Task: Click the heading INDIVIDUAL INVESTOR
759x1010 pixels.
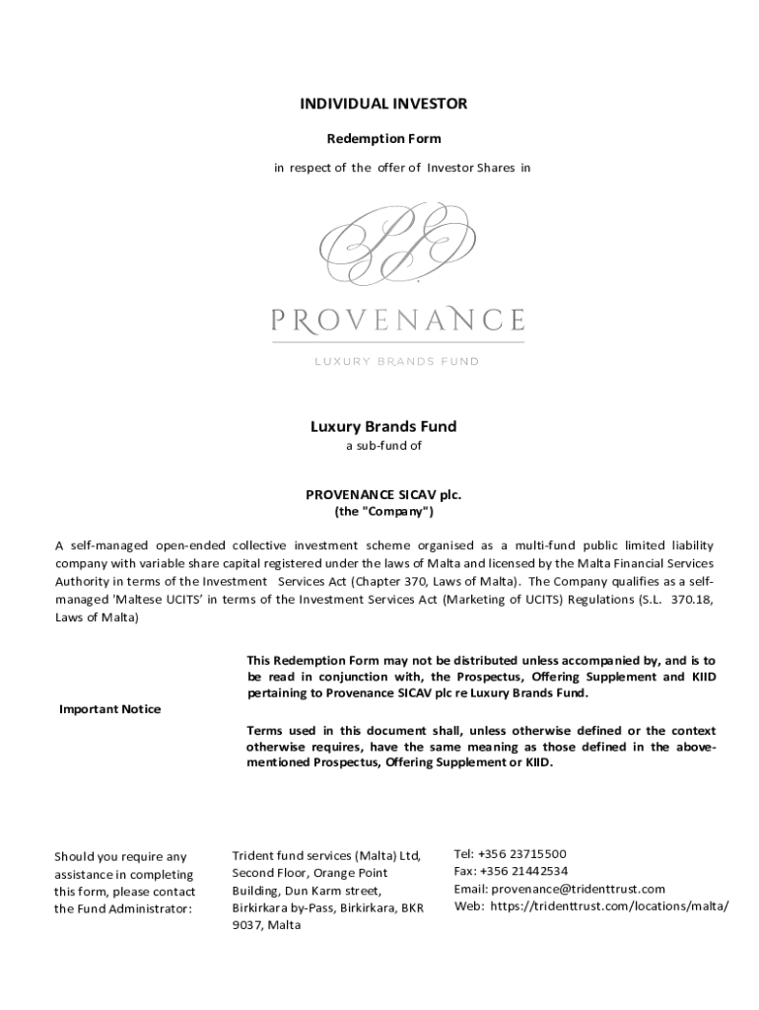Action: [x=383, y=104]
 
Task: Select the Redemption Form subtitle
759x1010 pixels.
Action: [x=383, y=138]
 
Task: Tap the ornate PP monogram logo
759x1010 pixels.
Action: [x=398, y=245]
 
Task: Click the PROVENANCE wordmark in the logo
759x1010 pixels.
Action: [x=397, y=320]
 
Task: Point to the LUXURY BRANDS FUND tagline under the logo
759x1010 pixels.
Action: [x=397, y=361]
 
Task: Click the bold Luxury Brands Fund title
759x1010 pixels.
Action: [x=383, y=427]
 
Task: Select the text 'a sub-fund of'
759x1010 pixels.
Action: [x=383, y=446]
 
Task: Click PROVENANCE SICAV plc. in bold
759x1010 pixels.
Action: [x=383, y=495]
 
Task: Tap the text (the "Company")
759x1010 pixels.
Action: [x=383, y=512]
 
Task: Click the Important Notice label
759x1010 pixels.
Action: [x=110, y=709]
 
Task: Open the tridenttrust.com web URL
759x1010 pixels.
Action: [x=609, y=906]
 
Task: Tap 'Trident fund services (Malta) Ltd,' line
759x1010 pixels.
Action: [x=326, y=855]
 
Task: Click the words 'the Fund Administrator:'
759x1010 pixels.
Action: [x=123, y=908]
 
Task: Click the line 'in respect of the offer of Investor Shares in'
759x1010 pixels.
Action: [x=401, y=168]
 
